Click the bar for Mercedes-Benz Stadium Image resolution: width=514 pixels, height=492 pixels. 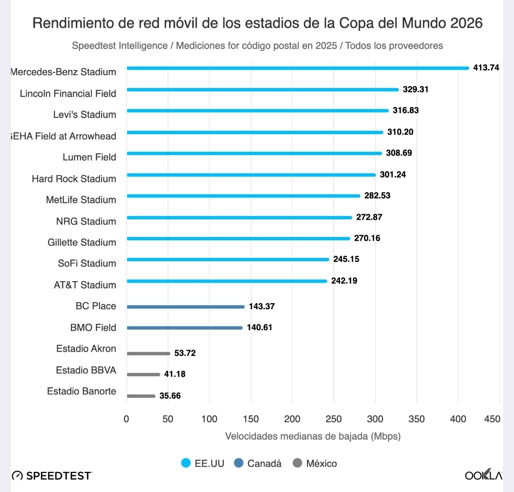[297, 68]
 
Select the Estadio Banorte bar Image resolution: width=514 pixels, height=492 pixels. [141, 396]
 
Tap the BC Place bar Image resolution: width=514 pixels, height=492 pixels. [186, 307]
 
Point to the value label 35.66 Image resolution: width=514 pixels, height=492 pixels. [170, 396]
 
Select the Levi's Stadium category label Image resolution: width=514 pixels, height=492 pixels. [84, 115]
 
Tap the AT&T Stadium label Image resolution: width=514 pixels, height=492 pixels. [85, 285]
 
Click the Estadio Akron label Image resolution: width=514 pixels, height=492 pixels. [86, 349]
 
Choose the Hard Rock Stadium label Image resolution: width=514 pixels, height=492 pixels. [74, 179]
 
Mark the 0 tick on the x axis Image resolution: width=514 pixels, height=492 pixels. [126, 419]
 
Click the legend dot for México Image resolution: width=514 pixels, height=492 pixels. [297, 463]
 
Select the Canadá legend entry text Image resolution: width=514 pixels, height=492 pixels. [264, 463]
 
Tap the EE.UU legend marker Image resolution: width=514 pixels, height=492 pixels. [186, 463]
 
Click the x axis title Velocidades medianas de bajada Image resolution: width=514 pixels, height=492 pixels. [313, 436]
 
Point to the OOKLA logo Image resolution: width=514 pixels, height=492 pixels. [483, 475]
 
